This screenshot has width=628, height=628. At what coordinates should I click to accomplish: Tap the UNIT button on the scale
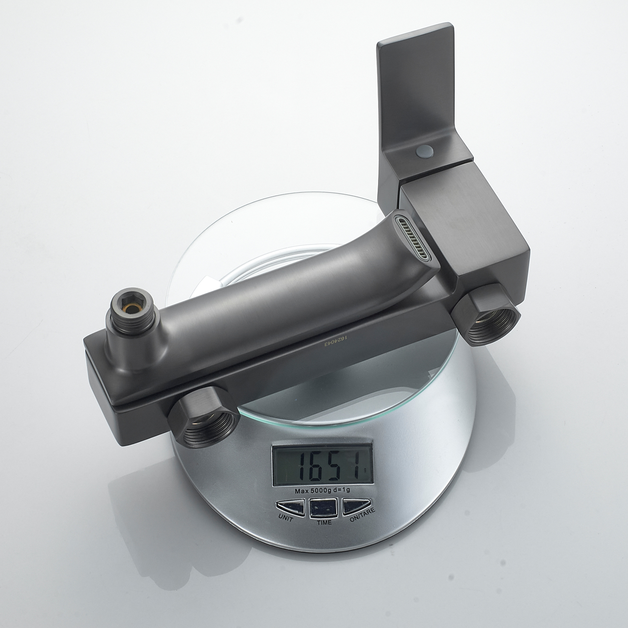(291, 506)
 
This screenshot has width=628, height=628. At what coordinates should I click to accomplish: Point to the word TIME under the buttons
(324, 522)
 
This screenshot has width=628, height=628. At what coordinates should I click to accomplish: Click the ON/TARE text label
(362, 517)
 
